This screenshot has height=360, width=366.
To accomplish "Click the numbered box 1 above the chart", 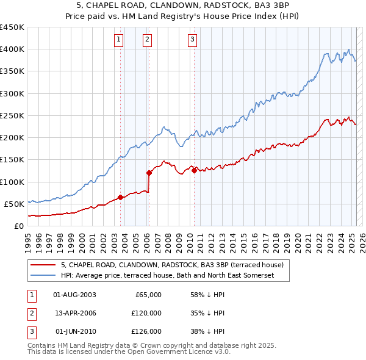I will click(x=118, y=40).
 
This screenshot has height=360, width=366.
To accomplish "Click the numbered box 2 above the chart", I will click(x=148, y=40).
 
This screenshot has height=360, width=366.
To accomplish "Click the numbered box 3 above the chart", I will click(x=192, y=40).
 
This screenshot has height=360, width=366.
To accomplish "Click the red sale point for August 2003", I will click(x=120, y=197).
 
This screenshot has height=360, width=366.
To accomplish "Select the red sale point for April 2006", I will click(x=149, y=173).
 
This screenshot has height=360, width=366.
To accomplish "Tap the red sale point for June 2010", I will click(x=194, y=170).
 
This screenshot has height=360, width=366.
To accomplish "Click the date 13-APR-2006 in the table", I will click(x=75, y=313).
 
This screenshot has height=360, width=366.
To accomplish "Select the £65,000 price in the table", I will click(x=147, y=295).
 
